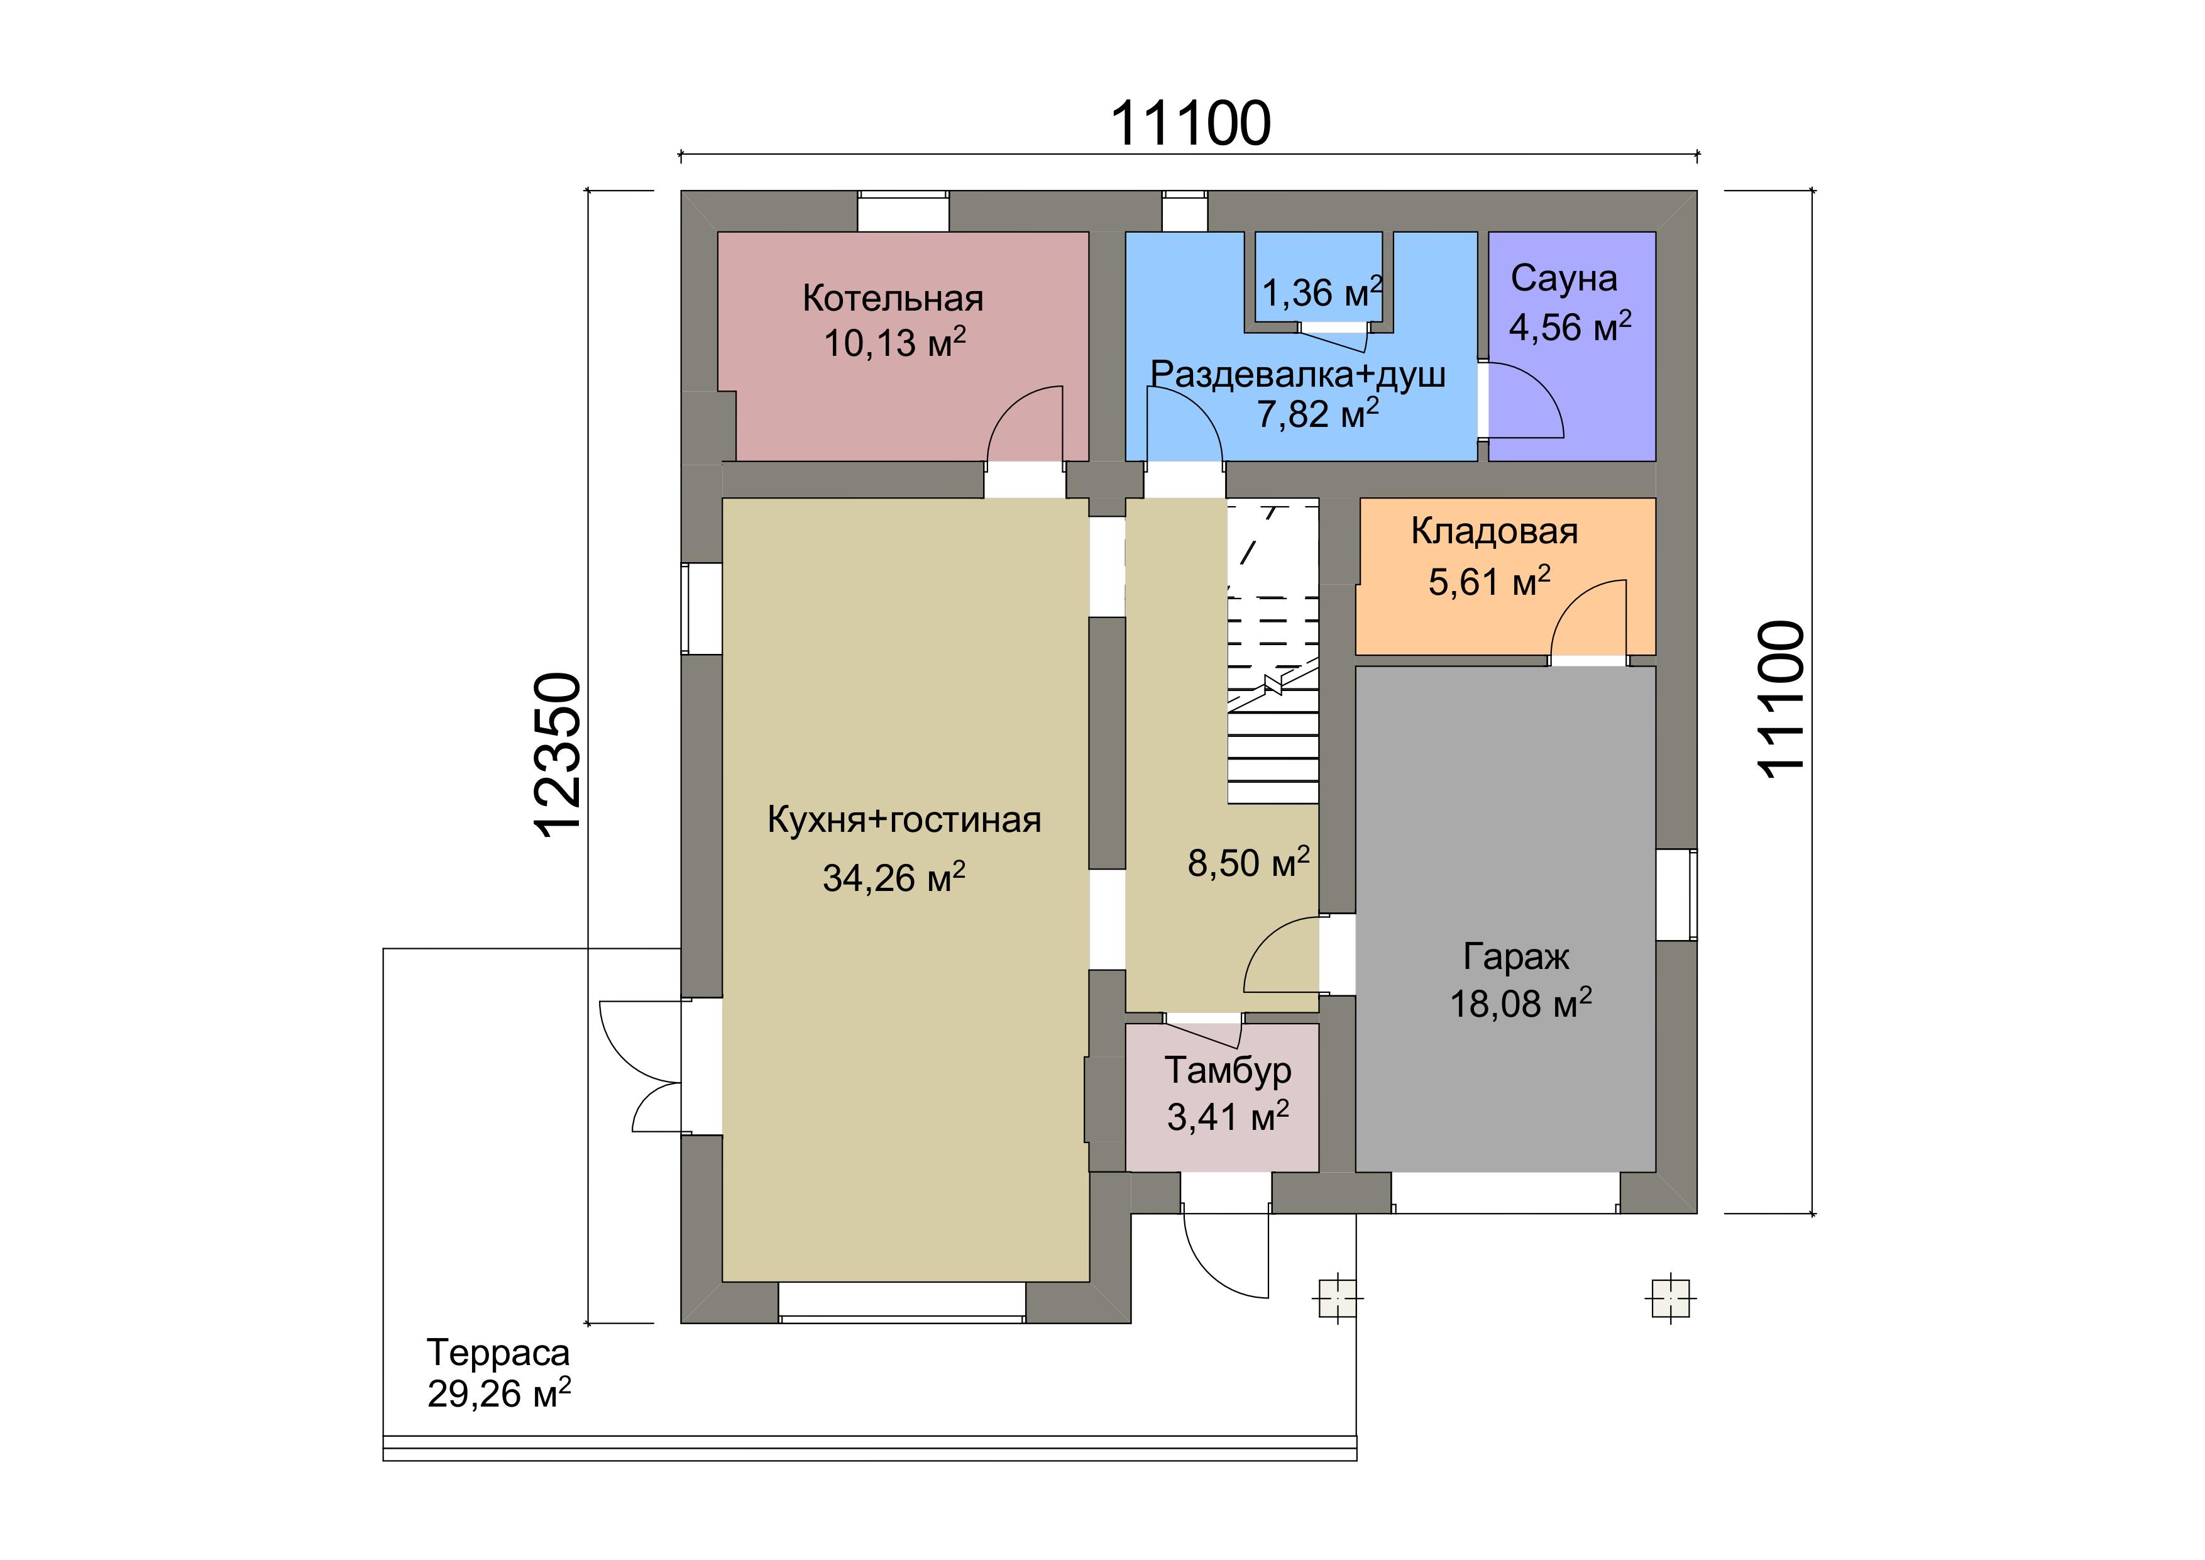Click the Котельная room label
[x=893, y=299]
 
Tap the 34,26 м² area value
[x=894, y=878]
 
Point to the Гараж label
[x=1517, y=957]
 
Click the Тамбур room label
[x=1228, y=1070]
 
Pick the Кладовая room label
[x=1494, y=531]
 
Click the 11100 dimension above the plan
[x=1191, y=123]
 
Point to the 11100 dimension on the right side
[x=1781, y=699]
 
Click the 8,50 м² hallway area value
[x=1248, y=863]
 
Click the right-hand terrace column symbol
[x=1671, y=1298]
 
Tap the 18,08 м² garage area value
[x=1520, y=1004]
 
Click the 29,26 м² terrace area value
[x=499, y=1393]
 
